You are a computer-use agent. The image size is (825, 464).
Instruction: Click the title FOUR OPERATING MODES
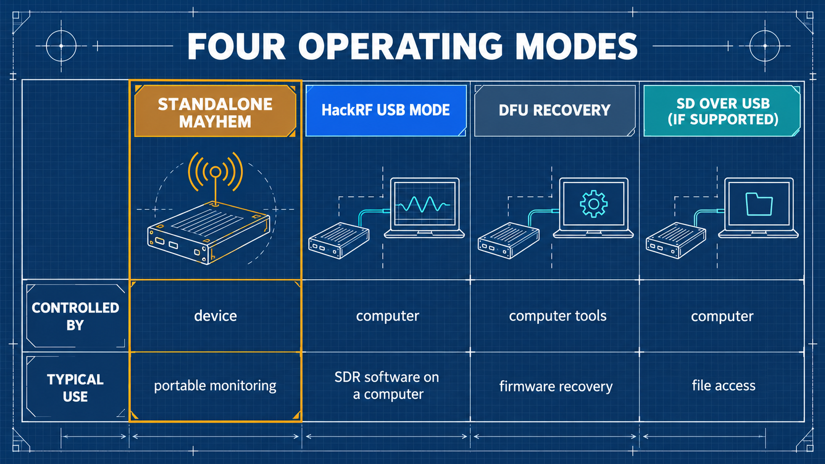click(412, 46)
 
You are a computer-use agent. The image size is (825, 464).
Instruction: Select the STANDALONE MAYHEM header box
click(215, 111)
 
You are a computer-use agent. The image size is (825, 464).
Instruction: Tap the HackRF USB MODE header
click(386, 110)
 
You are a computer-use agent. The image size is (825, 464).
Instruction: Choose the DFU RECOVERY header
click(555, 110)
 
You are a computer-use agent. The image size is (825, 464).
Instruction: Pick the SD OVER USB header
click(722, 111)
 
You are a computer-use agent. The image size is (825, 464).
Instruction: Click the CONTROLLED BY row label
click(75, 316)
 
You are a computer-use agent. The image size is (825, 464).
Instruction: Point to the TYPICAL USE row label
click(75, 388)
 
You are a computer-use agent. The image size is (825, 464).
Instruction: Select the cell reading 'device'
click(216, 316)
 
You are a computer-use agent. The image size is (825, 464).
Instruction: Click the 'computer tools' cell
click(558, 316)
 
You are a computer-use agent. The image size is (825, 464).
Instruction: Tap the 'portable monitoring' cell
click(215, 386)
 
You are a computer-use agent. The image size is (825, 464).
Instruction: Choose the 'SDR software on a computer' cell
click(387, 386)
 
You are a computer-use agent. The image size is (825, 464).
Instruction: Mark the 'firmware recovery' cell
click(556, 387)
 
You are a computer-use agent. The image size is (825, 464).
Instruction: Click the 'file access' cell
click(723, 386)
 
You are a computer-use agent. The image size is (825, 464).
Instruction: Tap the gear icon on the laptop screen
click(593, 204)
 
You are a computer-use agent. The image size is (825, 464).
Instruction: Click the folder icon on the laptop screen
click(759, 204)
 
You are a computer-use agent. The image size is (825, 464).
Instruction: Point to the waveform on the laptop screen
click(423, 204)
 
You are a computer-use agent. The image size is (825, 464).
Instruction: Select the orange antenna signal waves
click(216, 172)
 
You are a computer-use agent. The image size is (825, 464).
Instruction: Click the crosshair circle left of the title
click(61, 46)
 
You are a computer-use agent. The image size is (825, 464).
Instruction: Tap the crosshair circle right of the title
click(765, 46)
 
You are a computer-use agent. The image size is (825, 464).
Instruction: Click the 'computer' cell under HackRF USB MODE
click(387, 316)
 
